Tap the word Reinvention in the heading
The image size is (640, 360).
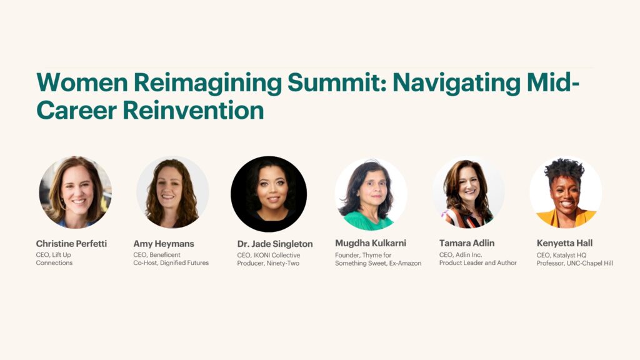pyautogui.click(x=193, y=111)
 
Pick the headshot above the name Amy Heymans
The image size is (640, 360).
pyautogui.click(x=172, y=192)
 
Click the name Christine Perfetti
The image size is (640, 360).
pyautogui.click(x=71, y=244)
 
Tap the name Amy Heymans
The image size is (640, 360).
pyautogui.click(x=164, y=244)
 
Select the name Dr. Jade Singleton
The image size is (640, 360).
pyautogui.click(x=275, y=244)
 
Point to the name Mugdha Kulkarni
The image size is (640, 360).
pyautogui.click(x=371, y=244)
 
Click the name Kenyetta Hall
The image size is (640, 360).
pyautogui.click(x=565, y=244)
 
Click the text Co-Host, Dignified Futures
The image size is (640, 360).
pyautogui.click(x=171, y=263)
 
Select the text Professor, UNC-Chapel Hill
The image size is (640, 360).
pyautogui.click(x=574, y=263)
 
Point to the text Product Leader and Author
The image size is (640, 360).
pyautogui.click(x=477, y=263)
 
